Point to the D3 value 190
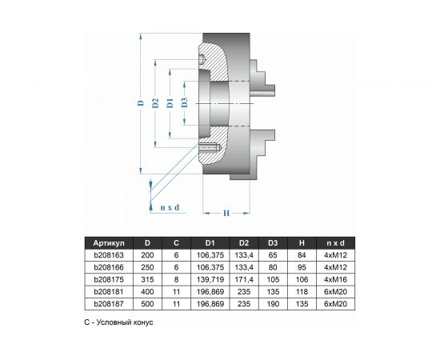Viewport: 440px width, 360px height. (273, 304)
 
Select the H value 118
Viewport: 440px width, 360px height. (302, 292)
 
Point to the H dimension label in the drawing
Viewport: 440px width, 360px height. (226, 213)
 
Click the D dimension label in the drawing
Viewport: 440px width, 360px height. (138, 104)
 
